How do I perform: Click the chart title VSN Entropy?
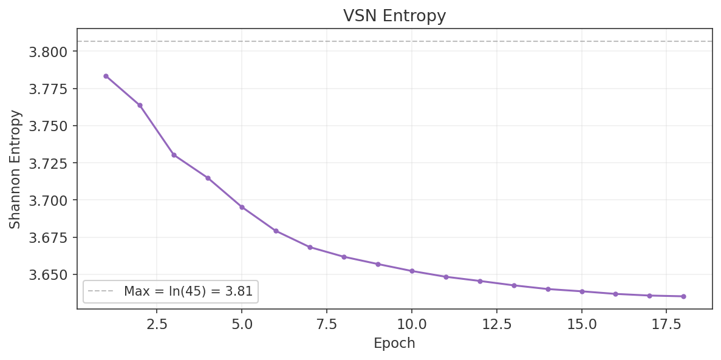point(394,16)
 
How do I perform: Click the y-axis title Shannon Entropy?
point(15,169)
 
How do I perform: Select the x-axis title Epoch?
point(394,344)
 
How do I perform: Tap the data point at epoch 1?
point(106,76)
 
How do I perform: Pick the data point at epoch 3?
point(174,155)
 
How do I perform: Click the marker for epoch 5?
point(242,207)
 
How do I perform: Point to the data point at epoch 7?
point(310,247)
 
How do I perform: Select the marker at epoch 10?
point(412,271)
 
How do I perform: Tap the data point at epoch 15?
point(582,291)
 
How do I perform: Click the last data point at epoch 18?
point(683,296)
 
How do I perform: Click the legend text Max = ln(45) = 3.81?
point(188,291)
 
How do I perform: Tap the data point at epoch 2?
point(140,105)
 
